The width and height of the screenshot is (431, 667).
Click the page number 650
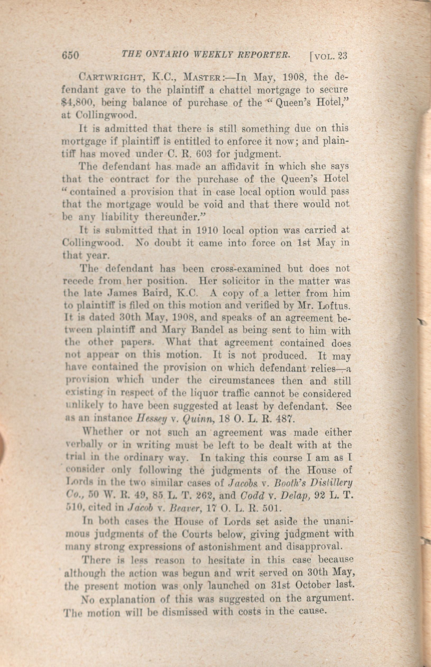71,56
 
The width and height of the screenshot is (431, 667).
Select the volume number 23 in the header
342,56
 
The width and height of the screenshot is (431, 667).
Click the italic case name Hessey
151,419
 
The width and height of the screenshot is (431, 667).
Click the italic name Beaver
184,508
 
